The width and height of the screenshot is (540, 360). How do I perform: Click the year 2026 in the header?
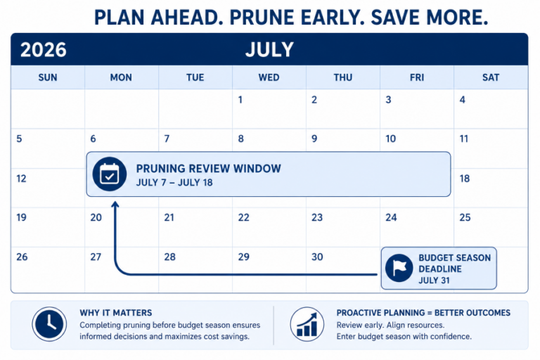pyautogui.click(x=44, y=50)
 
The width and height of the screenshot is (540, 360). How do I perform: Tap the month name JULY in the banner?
pyautogui.click(x=269, y=50)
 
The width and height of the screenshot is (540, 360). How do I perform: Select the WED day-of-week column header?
pyautogui.click(x=269, y=77)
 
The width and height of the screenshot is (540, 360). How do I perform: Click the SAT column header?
pyautogui.click(x=491, y=77)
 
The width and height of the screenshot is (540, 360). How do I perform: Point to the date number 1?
pyautogui.click(x=240, y=100)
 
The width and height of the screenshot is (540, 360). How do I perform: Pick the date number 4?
pyautogui.click(x=462, y=100)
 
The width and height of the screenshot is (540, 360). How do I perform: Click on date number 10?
pyautogui.click(x=390, y=139)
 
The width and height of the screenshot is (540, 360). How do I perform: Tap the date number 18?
pyautogui.click(x=465, y=179)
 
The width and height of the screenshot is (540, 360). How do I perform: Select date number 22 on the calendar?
pyautogui.click(x=243, y=217)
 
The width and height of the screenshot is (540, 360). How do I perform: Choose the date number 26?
pyautogui.click(x=22, y=257)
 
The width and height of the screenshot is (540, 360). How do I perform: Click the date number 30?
pyautogui.click(x=317, y=257)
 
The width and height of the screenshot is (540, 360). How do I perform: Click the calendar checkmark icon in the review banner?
pyautogui.click(x=110, y=174)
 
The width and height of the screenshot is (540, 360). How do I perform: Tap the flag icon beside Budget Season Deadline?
pyautogui.click(x=399, y=268)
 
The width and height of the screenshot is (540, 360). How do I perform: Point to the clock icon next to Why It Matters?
pyautogui.click(x=50, y=324)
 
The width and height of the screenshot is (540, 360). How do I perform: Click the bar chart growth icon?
pyautogui.click(x=307, y=324)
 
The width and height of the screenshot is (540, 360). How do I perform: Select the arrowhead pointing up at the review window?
pyautogui.click(x=115, y=205)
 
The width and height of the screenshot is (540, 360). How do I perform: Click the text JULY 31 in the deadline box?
pyautogui.click(x=434, y=281)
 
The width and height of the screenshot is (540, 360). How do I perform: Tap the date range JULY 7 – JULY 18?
pyautogui.click(x=174, y=183)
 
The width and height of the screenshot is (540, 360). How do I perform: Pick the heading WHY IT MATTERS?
pyautogui.click(x=116, y=313)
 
